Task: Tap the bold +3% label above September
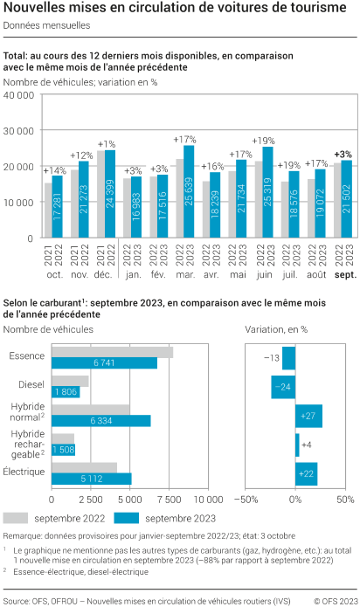pyautogui.click(x=343, y=155)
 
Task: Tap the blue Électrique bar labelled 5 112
pyautogui.click(x=92, y=478)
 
